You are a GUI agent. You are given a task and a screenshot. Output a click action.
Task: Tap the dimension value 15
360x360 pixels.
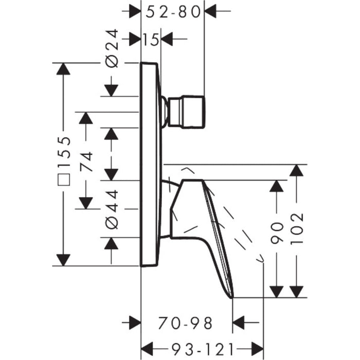[x=151, y=39]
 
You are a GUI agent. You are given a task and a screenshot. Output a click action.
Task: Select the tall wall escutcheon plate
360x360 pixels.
[x=150, y=165]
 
